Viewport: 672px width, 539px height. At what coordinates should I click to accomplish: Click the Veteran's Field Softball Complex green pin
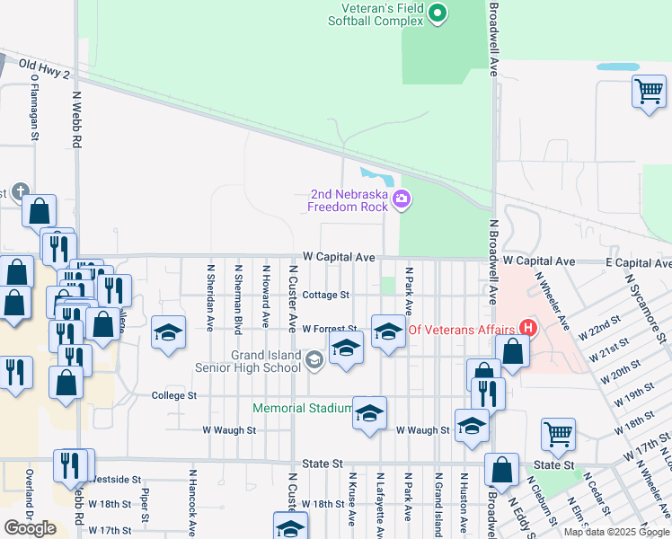(438, 13)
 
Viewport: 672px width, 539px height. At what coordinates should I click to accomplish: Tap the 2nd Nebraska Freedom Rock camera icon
(402, 199)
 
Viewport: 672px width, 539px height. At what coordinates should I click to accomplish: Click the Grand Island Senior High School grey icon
(314, 361)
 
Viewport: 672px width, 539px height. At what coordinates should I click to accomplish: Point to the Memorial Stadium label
(303, 408)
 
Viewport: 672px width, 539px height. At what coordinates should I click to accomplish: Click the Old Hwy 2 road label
(43, 69)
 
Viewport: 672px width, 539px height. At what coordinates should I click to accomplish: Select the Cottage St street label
(326, 295)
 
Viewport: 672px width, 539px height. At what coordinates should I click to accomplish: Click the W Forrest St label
(330, 330)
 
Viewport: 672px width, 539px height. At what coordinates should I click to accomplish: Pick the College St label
(173, 395)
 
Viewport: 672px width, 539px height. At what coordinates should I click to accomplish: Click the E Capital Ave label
(638, 262)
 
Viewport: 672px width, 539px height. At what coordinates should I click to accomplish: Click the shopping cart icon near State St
(558, 435)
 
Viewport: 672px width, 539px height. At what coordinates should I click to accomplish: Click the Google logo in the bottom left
(30, 528)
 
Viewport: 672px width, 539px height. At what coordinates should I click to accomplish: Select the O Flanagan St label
(35, 107)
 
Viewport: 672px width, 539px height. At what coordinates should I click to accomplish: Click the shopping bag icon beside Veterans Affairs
(511, 352)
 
